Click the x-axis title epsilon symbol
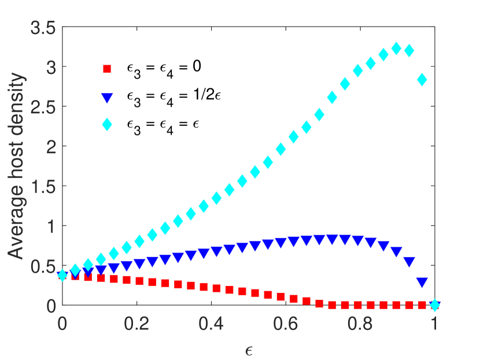click(x=249, y=349)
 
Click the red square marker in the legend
click(x=106, y=69)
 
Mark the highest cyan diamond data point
click(x=396, y=49)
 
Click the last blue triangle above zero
click(x=422, y=283)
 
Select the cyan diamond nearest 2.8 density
click(x=422, y=80)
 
